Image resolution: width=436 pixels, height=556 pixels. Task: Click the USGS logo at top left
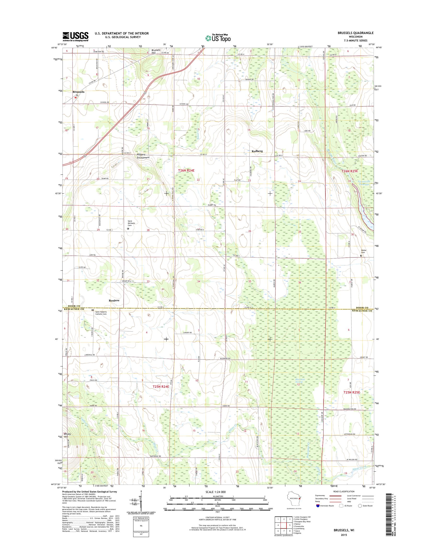tap(75, 37)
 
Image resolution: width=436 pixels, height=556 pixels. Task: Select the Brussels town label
tap(78, 92)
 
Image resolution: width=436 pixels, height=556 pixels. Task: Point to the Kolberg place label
tap(257, 151)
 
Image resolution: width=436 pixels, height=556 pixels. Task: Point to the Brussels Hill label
tap(156, 51)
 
